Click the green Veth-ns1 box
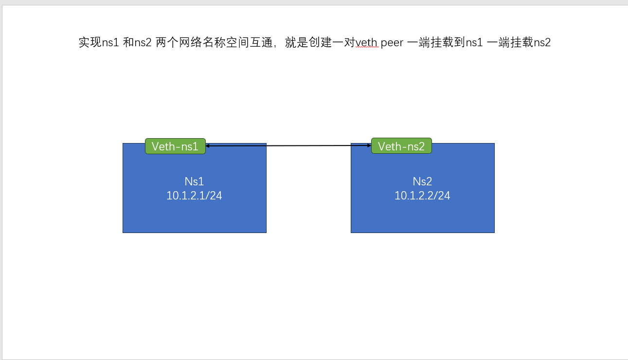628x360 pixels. click(x=175, y=146)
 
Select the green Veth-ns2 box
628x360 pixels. click(x=401, y=146)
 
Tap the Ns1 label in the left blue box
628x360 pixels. click(x=194, y=181)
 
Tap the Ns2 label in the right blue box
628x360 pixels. click(x=422, y=181)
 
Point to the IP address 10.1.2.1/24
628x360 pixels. click(x=194, y=196)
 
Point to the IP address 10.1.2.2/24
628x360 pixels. click(x=422, y=196)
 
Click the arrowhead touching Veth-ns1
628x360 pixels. click(x=207, y=146)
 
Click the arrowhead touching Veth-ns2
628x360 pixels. click(x=369, y=145)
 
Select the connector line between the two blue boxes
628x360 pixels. click(x=288, y=145)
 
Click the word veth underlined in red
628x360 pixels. click(x=367, y=43)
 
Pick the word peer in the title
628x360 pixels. click(x=392, y=43)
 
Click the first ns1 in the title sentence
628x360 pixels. click(x=110, y=43)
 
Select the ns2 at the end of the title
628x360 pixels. click(x=542, y=43)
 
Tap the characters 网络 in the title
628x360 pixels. click(x=190, y=42)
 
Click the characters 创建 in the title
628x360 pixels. click(x=320, y=42)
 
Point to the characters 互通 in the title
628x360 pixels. click(x=261, y=42)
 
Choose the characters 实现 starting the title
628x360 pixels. click(x=90, y=42)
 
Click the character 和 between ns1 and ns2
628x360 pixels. click(x=128, y=42)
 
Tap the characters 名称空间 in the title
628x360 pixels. click(x=226, y=42)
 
